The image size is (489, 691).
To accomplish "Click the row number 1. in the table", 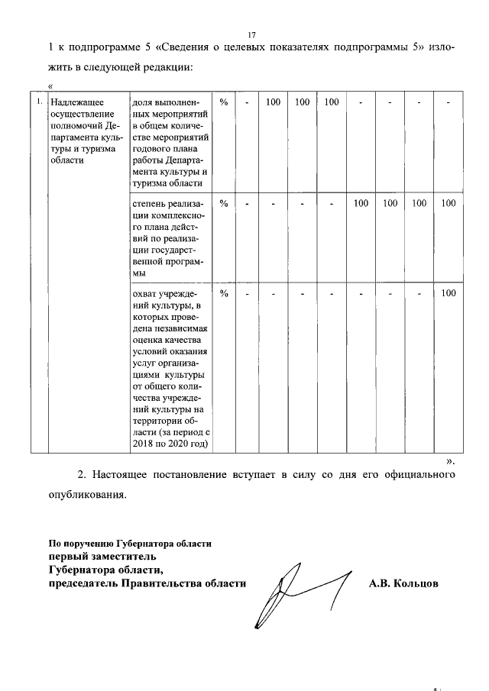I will click(38, 101).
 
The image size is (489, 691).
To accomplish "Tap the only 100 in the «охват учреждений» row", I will click(449, 293).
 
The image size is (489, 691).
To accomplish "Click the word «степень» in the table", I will click(149, 203).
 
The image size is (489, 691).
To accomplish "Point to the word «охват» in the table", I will click(145, 293).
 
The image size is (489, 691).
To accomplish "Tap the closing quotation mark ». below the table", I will click(450, 461).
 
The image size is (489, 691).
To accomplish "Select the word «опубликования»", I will click(84, 494).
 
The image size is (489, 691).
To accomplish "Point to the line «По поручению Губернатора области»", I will click(130, 544).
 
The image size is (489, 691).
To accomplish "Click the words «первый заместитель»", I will click(99, 557).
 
